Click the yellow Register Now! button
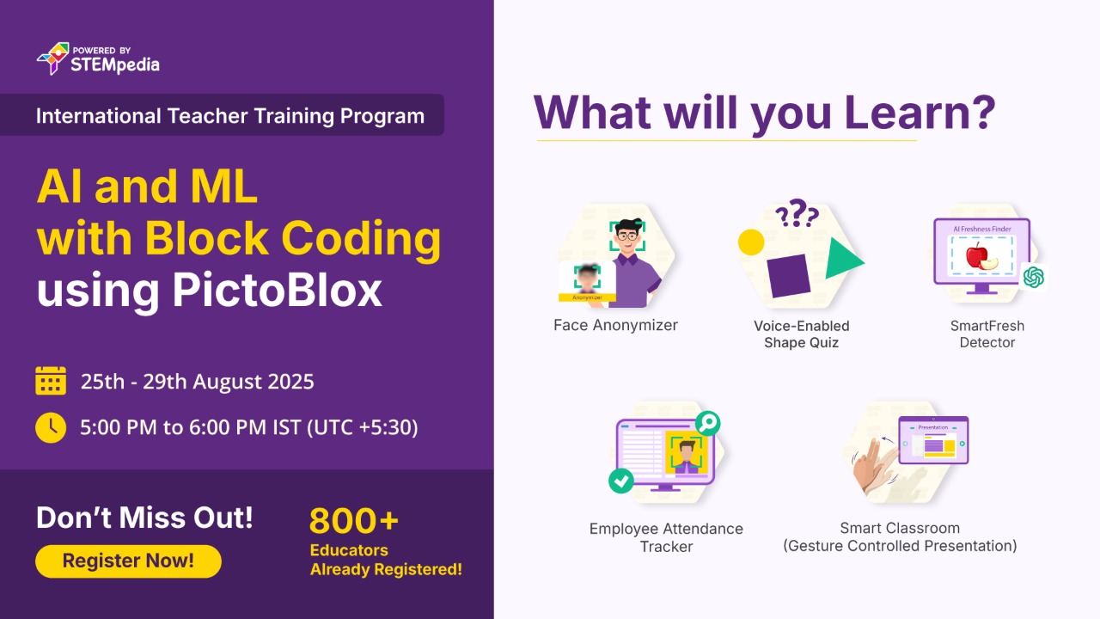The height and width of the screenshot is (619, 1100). click(x=128, y=561)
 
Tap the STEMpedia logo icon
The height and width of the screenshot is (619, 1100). click(x=53, y=58)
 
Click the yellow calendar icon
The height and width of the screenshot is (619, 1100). click(x=51, y=380)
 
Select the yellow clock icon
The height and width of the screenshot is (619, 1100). click(x=51, y=428)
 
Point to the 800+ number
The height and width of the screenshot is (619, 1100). click(x=353, y=520)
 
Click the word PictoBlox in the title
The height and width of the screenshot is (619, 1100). click(x=277, y=291)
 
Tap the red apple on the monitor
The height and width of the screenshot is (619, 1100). click(x=977, y=256)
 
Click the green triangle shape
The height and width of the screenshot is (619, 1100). click(x=844, y=259)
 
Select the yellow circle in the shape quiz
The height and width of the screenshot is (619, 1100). click(x=751, y=242)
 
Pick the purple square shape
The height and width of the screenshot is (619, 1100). click(x=788, y=276)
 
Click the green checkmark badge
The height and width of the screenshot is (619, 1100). click(x=620, y=481)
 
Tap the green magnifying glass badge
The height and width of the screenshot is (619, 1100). click(x=707, y=423)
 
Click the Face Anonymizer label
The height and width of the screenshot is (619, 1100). click(x=615, y=325)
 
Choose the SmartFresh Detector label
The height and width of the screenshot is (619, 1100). click(x=987, y=334)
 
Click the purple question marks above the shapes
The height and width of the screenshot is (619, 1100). click(x=797, y=212)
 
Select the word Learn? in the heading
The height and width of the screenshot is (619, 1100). click(x=920, y=113)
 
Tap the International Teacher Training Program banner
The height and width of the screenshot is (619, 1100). click(x=222, y=115)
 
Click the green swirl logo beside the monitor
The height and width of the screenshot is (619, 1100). click(x=1033, y=277)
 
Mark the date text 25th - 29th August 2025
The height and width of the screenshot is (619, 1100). click(x=197, y=382)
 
